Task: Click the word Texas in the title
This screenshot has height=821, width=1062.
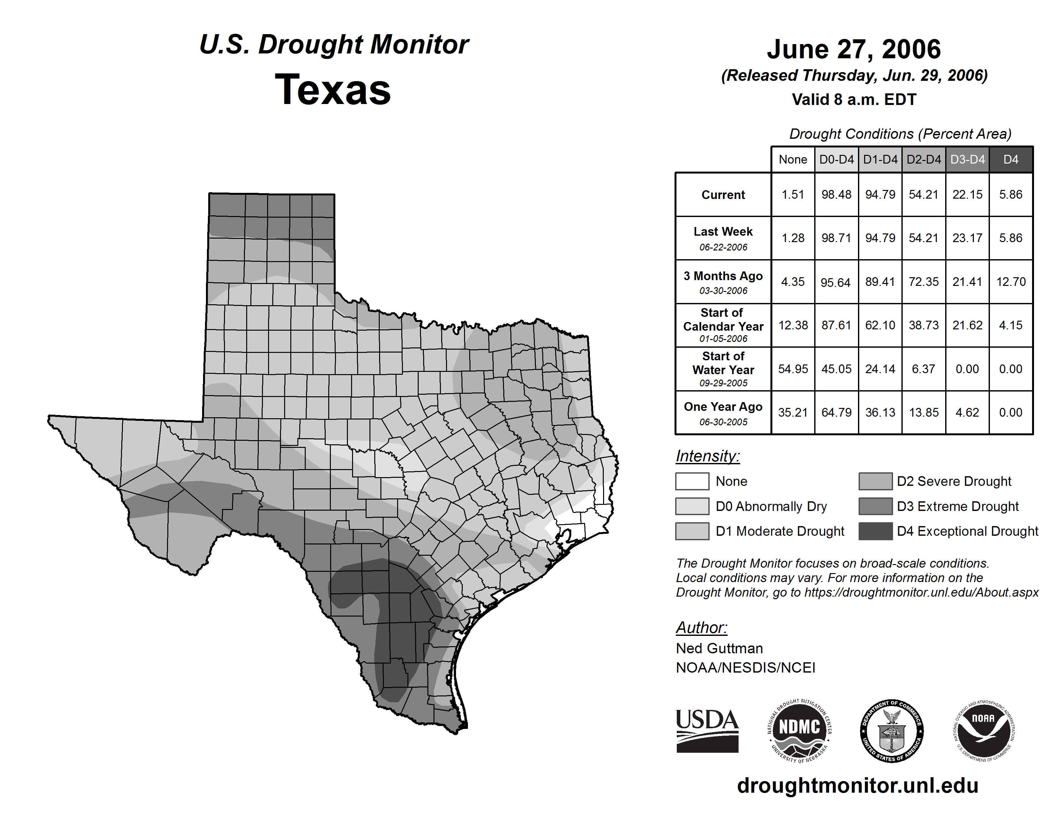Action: click(333, 90)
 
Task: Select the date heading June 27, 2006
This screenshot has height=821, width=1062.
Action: click(853, 50)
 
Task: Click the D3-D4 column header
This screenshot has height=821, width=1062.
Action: click(967, 159)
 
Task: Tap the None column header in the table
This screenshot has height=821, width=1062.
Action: click(793, 159)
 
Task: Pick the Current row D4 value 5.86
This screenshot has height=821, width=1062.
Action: click(1011, 194)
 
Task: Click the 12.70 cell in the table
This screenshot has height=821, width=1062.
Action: click(1011, 282)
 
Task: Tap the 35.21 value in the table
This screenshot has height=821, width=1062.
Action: click(793, 412)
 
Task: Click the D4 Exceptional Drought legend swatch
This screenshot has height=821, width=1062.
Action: click(875, 531)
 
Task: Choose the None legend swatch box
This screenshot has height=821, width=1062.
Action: click(692, 481)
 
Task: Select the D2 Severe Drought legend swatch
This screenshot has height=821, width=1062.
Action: click(875, 481)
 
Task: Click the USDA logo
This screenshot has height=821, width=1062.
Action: click(707, 731)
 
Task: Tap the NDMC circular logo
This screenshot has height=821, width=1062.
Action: click(799, 731)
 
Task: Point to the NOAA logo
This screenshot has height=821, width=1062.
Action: click(983, 731)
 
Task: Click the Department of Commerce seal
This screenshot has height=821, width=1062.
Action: click(891, 731)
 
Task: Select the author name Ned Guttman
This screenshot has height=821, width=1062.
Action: click(719, 648)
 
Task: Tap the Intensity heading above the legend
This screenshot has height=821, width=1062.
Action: click(707, 456)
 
